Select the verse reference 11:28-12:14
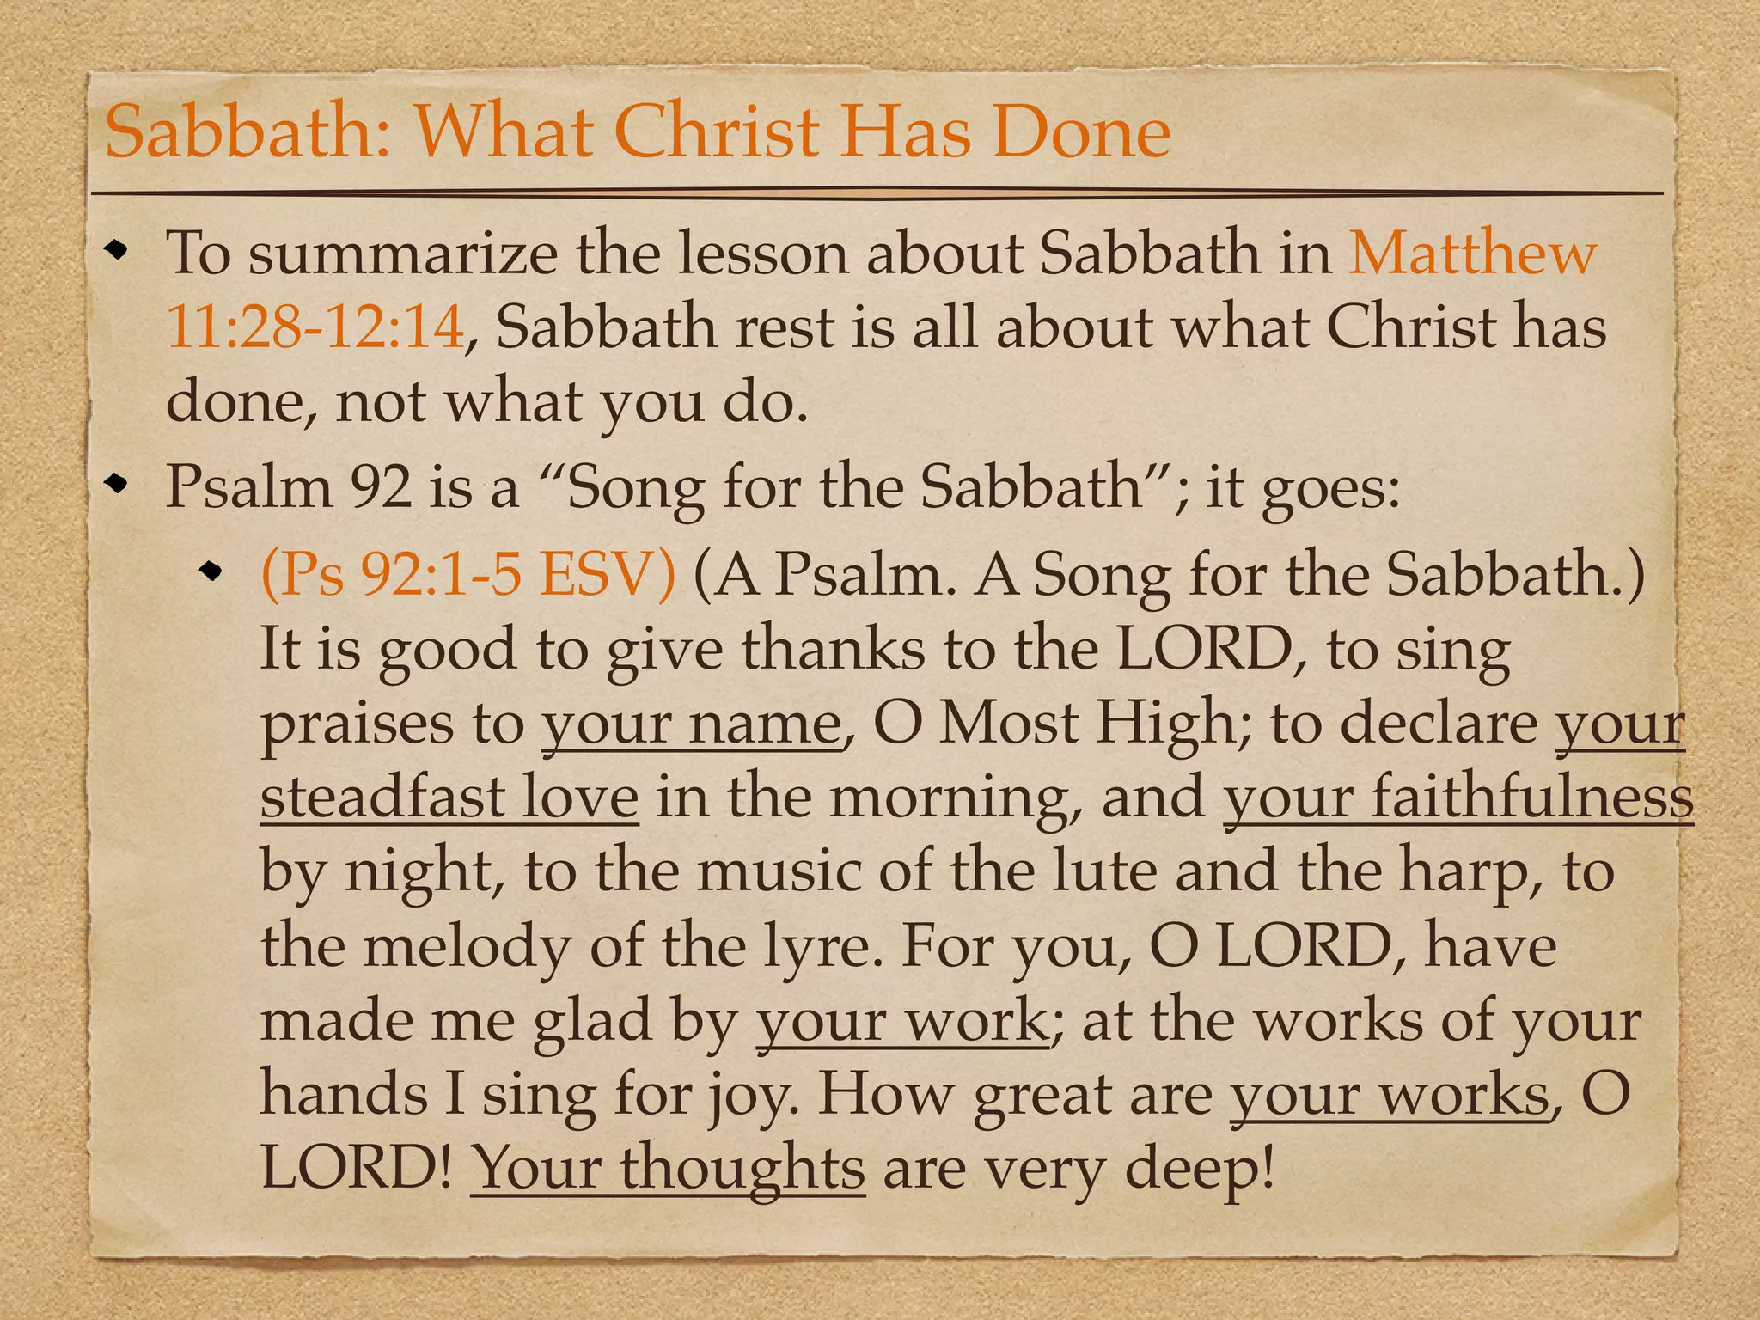click(315, 327)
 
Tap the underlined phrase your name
click(692, 723)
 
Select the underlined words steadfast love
click(449, 797)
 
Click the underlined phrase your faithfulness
click(1457, 797)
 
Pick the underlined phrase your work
click(901, 1020)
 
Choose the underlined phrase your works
click(1389, 1094)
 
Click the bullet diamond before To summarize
click(116, 252)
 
